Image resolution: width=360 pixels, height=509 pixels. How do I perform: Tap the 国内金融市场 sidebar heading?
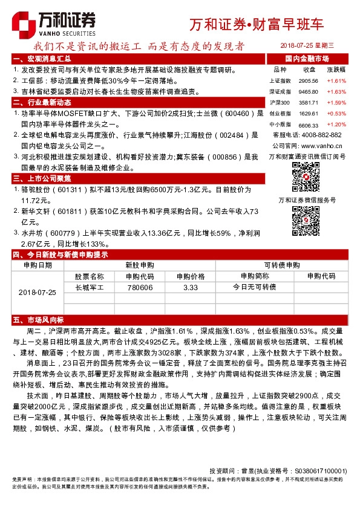click(x=307, y=59)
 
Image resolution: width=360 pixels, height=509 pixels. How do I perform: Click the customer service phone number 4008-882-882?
click(x=324, y=134)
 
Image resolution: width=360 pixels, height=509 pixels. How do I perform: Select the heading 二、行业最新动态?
click(x=42, y=102)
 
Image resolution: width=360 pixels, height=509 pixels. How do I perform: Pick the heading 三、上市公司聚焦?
click(x=42, y=178)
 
